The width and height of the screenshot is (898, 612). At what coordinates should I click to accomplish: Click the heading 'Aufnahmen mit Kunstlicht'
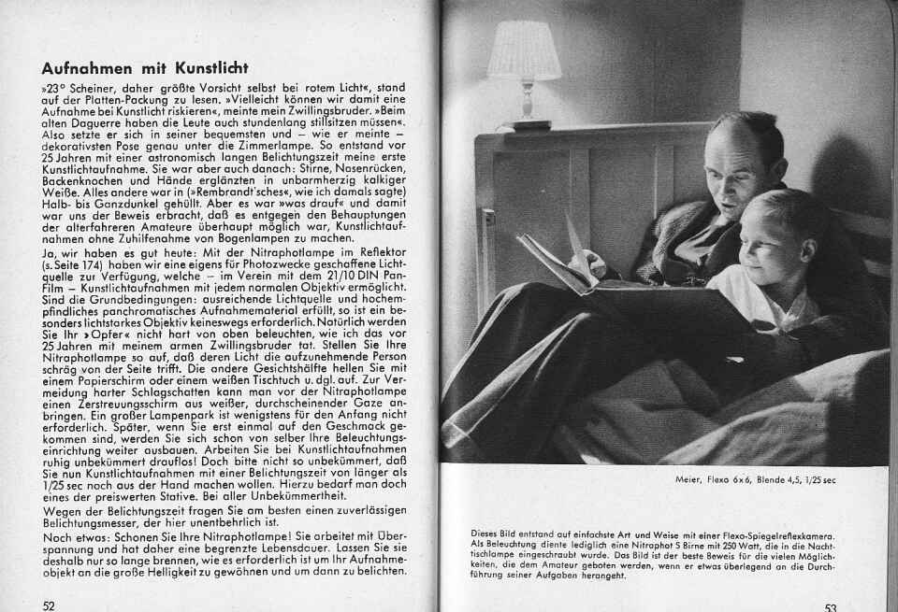coord(144,68)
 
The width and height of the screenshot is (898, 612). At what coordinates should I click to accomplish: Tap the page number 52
coord(49,605)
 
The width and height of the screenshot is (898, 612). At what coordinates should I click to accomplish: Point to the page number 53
coord(831,606)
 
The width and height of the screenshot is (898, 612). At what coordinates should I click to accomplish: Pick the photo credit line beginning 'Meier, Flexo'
coord(756,480)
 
